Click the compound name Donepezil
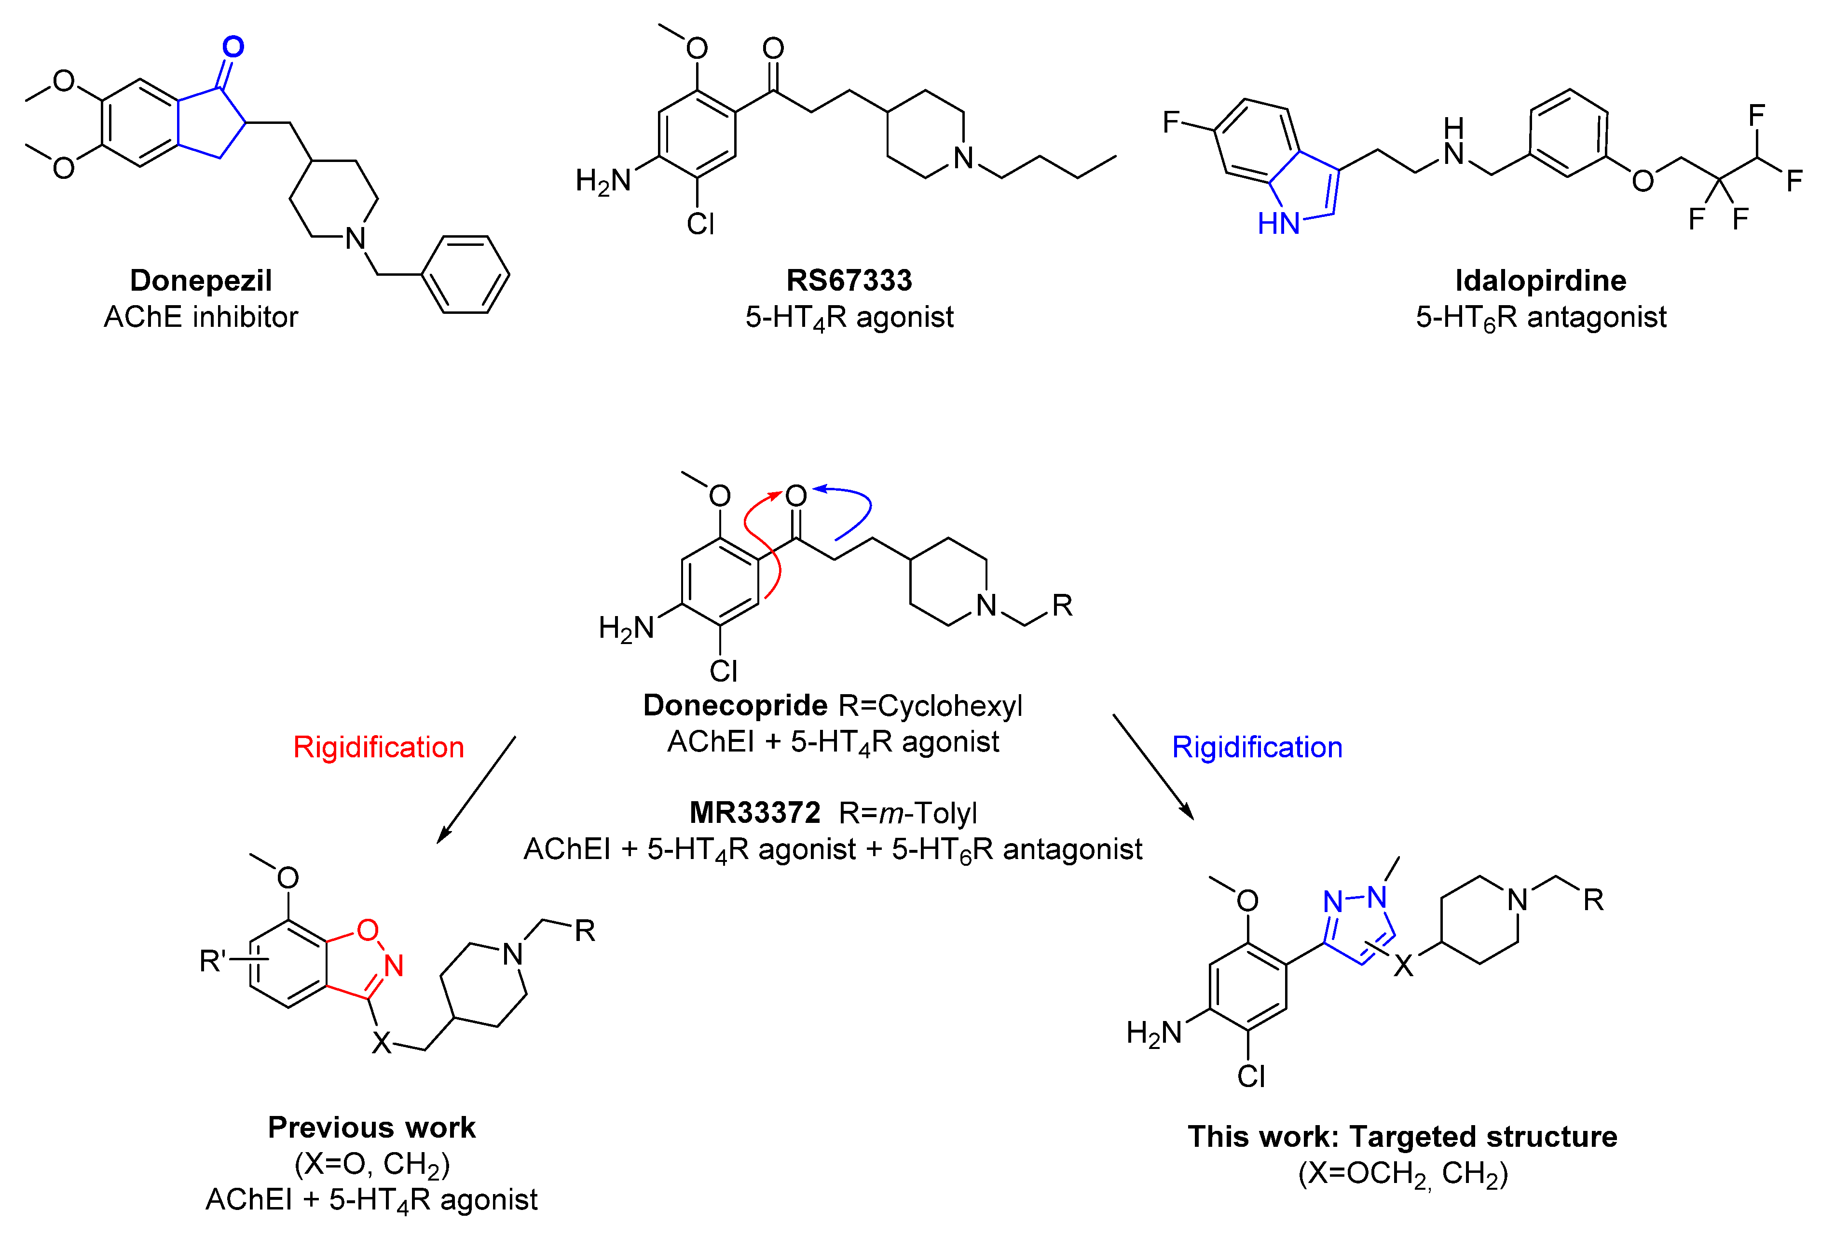pyautogui.click(x=201, y=281)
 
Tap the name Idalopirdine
pyautogui.click(x=1540, y=281)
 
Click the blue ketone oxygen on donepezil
pyautogui.click(x=233, y=47)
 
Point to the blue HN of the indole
pyautogui.click(x=1278, y=224)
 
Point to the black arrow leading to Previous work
pyautogui.click(x=476, y=790)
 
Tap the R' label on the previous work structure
pyautogui.click(x=212, y=960)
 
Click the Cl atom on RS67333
pyautogui.click(x=700, y=225)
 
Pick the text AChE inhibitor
pyautogui.click(x=201, y=317)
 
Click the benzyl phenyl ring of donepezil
pyautogui.click(x=466, y=275)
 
